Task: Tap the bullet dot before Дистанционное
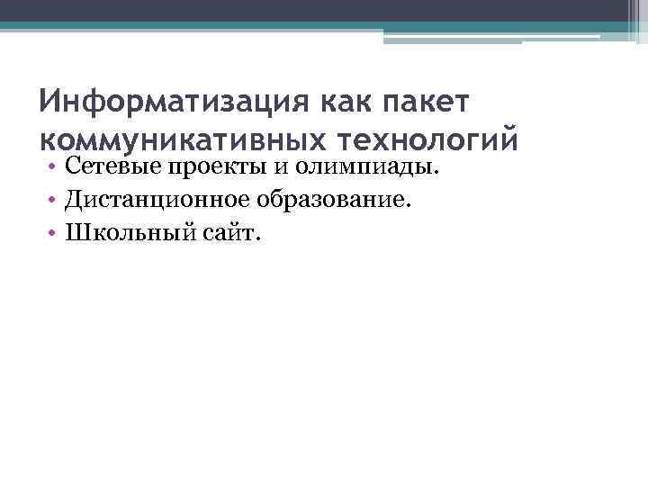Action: [54, 201]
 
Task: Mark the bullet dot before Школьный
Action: [54, 234]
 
